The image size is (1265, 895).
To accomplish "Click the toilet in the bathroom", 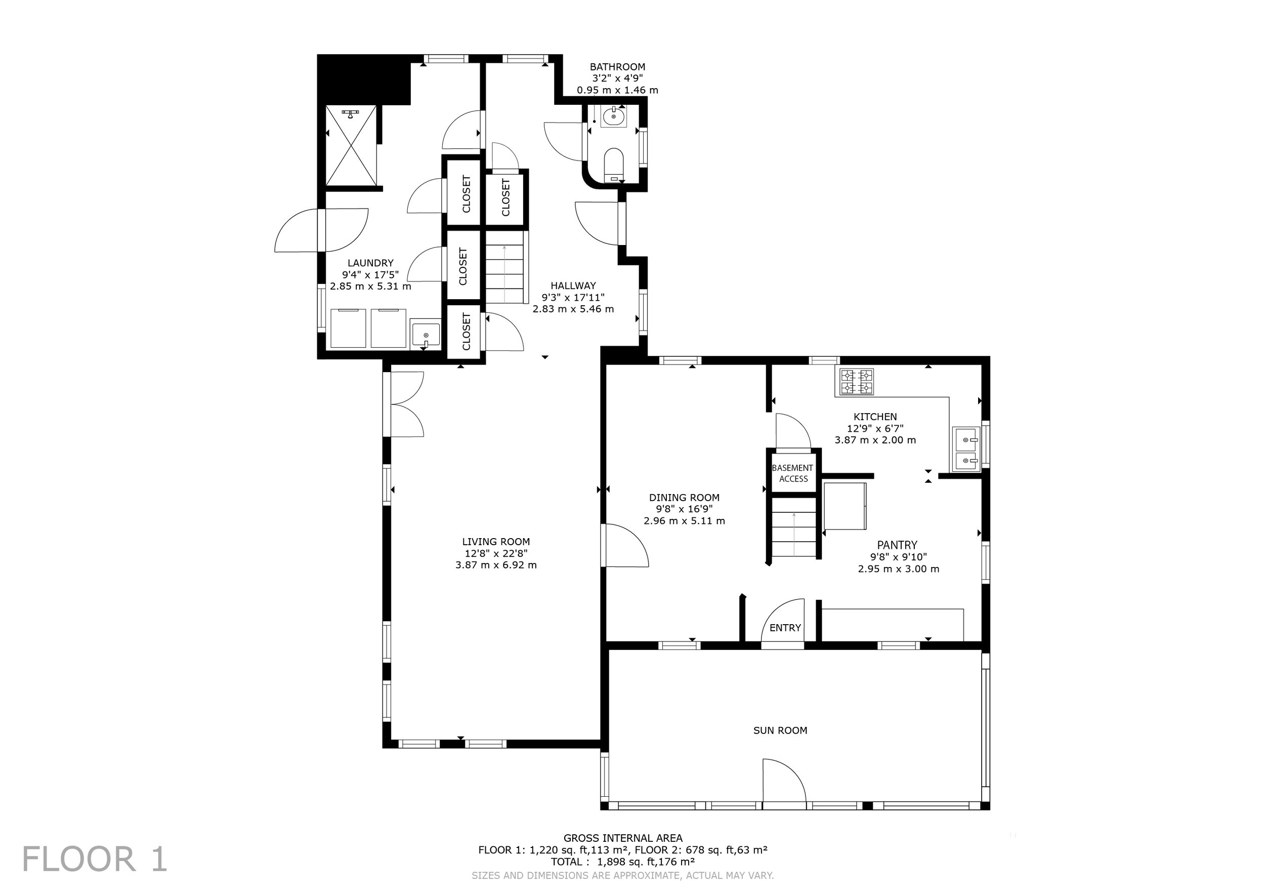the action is point(613,164).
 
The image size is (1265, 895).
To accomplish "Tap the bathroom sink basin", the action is point(613,117).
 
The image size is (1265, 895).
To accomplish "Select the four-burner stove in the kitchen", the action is point(856,382).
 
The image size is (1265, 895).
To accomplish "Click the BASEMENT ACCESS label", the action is point(793,473).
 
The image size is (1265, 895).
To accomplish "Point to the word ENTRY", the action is point(785,628).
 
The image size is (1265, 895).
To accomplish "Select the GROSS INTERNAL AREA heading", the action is point(622,838).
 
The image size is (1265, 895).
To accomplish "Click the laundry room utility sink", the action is point(426,335).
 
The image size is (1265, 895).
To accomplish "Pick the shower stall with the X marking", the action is point(352,145).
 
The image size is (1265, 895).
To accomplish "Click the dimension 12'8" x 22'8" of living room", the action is point(496,553).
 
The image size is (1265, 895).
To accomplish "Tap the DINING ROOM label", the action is point(684,497).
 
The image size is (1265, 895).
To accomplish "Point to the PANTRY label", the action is point(898,545).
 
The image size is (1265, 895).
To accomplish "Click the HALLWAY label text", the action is point(573,286).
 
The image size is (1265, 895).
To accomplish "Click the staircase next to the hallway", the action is point(504,267).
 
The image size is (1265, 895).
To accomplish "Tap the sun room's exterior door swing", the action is point(784,781).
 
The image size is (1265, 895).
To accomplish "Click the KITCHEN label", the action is point(875,417).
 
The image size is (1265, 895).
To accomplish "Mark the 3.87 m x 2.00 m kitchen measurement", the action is point(875,440).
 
